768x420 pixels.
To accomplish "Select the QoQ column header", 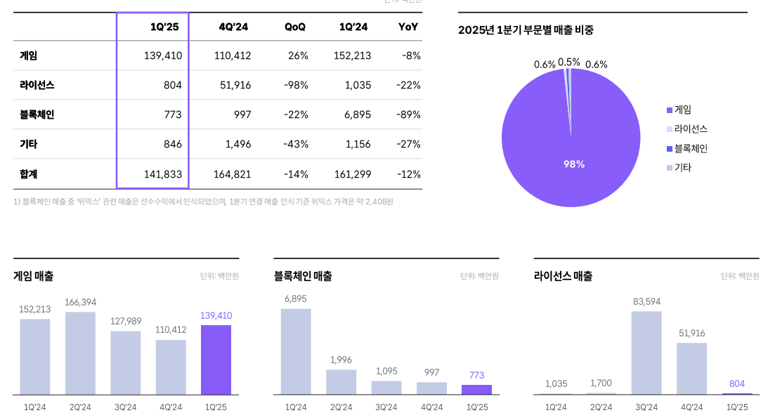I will pos(294,27).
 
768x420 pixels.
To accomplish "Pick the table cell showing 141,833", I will pos(162,174).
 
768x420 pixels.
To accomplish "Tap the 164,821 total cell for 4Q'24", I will pos(232,174).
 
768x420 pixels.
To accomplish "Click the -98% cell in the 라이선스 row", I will pos(294,85).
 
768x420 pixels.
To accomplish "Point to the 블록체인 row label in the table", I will pos(37,114).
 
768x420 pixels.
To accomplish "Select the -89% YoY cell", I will pos(408,114).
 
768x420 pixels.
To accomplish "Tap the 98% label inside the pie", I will pos(573,164).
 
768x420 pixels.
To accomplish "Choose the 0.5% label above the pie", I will pos(569,62).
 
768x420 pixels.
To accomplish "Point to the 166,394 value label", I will pos(80,302).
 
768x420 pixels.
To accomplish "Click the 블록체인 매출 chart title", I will pos(303,276).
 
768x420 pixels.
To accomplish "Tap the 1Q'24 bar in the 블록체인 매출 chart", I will pos(296,351).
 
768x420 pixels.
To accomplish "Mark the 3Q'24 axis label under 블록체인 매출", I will pos(386,407).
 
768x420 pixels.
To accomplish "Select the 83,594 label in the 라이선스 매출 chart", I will pos(646,301).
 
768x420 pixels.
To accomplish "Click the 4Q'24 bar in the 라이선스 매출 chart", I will pos(691,368).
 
